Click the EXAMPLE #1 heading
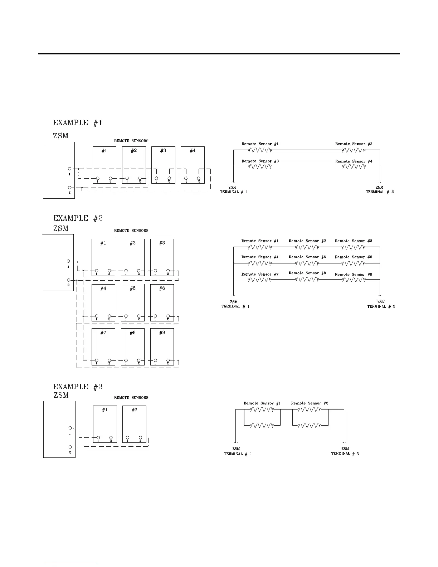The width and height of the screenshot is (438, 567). (x=78, y=123)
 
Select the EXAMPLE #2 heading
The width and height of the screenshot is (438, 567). (x=78, y=218)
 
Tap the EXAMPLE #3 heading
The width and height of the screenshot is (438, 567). (x=78, y=387)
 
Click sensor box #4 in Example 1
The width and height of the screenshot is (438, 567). (x=193, y=165)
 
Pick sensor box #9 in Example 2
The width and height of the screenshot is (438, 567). (x=162, y=346)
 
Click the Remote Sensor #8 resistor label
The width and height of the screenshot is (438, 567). (x=307, y=273)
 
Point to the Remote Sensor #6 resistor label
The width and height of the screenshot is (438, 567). (x=354, y=257)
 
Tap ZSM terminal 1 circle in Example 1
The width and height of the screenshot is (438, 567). (x=70, y=168)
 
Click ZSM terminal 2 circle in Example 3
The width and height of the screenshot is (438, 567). (x=70, y=447)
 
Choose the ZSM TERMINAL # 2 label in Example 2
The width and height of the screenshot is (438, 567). (x=381, y=304)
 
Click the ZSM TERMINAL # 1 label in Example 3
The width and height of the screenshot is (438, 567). (x=238, y=451)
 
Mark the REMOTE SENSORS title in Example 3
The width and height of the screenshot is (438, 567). (x=131, y=398)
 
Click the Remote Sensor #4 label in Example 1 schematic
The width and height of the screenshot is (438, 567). (x=354, y=161)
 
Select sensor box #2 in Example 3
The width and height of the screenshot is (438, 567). (x=134, y=424)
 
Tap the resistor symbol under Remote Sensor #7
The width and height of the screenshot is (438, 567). (x=260, y=280)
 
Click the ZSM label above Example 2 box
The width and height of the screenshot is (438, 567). (x=61, y=228)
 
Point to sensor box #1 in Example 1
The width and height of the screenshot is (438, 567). (x=104, y=165)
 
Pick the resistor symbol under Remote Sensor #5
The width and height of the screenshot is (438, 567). (x=306, y=263)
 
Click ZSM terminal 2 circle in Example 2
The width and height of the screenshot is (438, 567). (x=69, y=280)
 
